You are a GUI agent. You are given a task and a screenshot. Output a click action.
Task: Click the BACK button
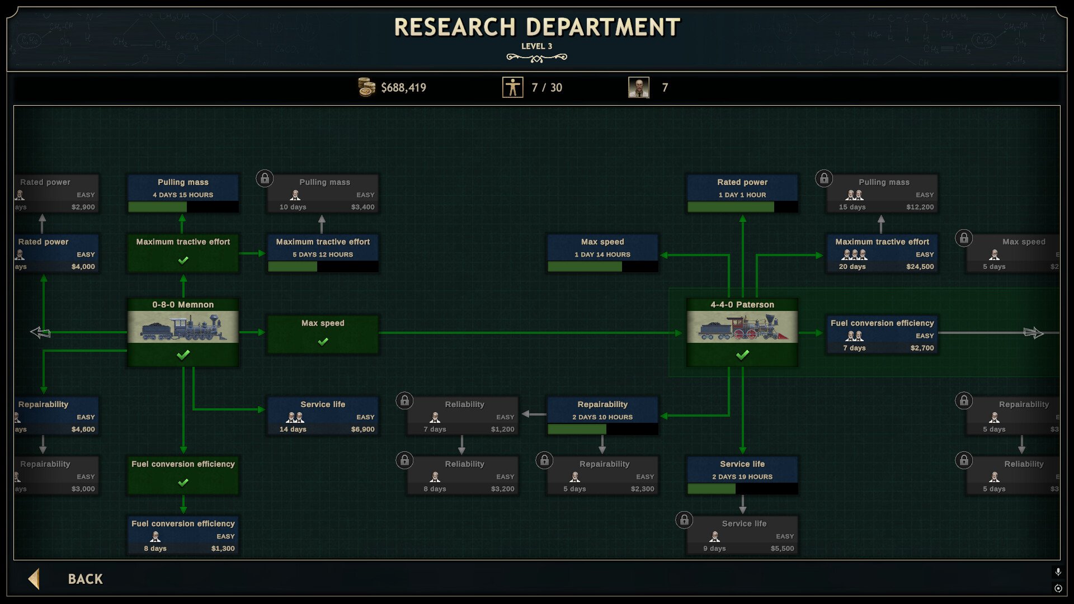coord(84,579)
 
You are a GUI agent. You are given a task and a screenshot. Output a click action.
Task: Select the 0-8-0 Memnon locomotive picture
coord(183,327)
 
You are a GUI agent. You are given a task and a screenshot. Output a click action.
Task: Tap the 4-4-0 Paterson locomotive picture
coord(742,327)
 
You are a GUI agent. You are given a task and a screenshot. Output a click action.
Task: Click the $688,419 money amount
coord(403,88)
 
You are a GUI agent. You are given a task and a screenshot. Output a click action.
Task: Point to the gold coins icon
coord(366,87)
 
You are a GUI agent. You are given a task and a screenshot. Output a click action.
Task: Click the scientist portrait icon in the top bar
coord(638,87)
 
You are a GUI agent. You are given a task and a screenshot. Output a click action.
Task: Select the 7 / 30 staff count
coord(547,88)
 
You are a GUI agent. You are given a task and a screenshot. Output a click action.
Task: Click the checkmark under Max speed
coord(323,342)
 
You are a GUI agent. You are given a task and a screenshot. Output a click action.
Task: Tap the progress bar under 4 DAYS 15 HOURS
coord(183,207)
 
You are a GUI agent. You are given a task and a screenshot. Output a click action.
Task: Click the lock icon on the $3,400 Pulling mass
coord(265,178)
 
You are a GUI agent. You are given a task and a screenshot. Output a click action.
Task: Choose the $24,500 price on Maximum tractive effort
coord(920,267)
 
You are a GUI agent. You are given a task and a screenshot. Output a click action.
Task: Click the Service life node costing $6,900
coord(323,416)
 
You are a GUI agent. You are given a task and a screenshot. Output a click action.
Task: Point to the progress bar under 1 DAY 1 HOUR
coord(742,207)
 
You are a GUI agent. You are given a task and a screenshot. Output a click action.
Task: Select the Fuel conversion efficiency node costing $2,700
coord(882,334)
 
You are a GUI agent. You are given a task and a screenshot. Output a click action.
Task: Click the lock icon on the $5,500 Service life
coord(684,520)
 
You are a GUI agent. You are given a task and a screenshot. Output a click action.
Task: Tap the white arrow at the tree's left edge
coord(40,333)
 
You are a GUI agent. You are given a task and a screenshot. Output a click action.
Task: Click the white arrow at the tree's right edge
coord(1034,333)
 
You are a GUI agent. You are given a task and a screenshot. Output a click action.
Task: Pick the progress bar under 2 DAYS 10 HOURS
coord(602,429)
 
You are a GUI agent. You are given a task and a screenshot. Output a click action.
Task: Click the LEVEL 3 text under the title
coord(536,46)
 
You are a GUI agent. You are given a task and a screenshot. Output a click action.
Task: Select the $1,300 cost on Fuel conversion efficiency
coord(223,549)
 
